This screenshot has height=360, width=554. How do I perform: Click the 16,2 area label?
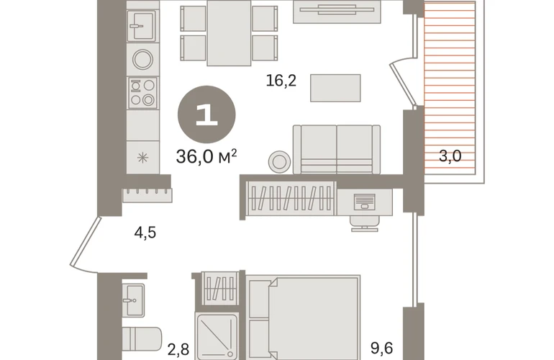(x=281, y=81)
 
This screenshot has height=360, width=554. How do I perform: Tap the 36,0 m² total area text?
(x=206, y=156)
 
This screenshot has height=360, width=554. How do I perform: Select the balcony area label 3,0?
(x=450, y=156)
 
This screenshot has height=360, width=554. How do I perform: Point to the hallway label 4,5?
(x=145, y=233)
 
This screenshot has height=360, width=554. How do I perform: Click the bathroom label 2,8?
(x=178, y=349)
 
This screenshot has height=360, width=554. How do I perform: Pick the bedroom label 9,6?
(x=381, y=348)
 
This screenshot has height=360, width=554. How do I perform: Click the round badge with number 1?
(x=206, y=115)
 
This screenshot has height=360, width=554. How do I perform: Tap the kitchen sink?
(x=142, y=25)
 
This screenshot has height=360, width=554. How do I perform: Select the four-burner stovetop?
(x=142, y=93)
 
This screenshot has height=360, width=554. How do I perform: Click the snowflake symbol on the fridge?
(x=142, y=158)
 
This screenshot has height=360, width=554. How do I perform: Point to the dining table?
(x=229, y=33)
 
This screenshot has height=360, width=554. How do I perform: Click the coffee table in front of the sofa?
(x=335, y=88)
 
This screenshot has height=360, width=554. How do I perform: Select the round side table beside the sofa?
(x=279, y=162)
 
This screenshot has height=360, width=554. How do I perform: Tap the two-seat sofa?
(x=337, y=149)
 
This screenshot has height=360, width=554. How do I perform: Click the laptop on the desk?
(x=364, y=202)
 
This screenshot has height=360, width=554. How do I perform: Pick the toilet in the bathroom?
(x=142, y=340)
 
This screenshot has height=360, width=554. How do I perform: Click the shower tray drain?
(x=230, y=354)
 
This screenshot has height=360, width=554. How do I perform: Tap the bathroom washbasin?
(x=134, y=300)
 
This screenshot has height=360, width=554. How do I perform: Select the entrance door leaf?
(x=84, y=241)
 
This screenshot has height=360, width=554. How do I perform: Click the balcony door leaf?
(x=403, y=84)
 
